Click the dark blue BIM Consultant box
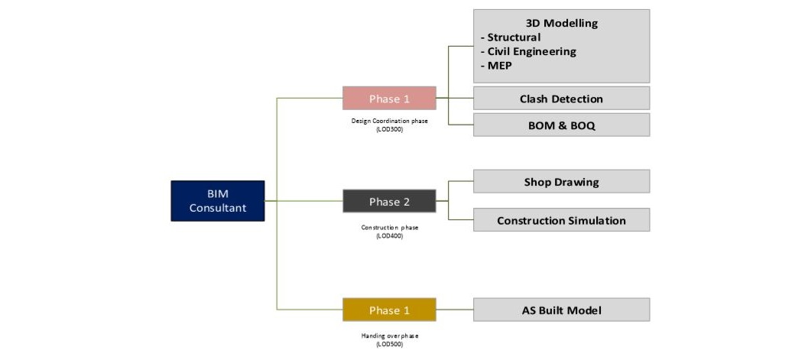tap(217, 201)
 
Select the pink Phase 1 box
tap(389, 99)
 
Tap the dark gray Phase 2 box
tap(389, 202)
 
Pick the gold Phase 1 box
tap(389, 310)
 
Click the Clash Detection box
tap(561, 99)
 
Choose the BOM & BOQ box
tap(561, 125)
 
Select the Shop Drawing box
tap(561, 182)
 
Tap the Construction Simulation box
tap(561, 220)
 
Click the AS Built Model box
tap(561, 310)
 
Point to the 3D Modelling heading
tap(561, 23)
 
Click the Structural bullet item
tap(513, 37)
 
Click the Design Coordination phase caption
tap(389, 121)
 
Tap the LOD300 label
tap(389, 129)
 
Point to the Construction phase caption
tap(389, 227)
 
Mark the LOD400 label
tap(389, 235)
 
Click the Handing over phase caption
tap(389, 336)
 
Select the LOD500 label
tap(389, 344)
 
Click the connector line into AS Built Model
tap(455, 310)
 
